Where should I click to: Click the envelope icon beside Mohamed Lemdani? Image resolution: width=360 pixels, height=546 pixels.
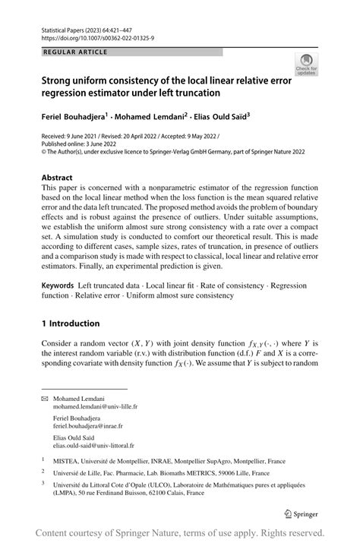[x=45, y=398]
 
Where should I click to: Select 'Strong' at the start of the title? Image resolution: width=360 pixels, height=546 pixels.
[x=59, y=78]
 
